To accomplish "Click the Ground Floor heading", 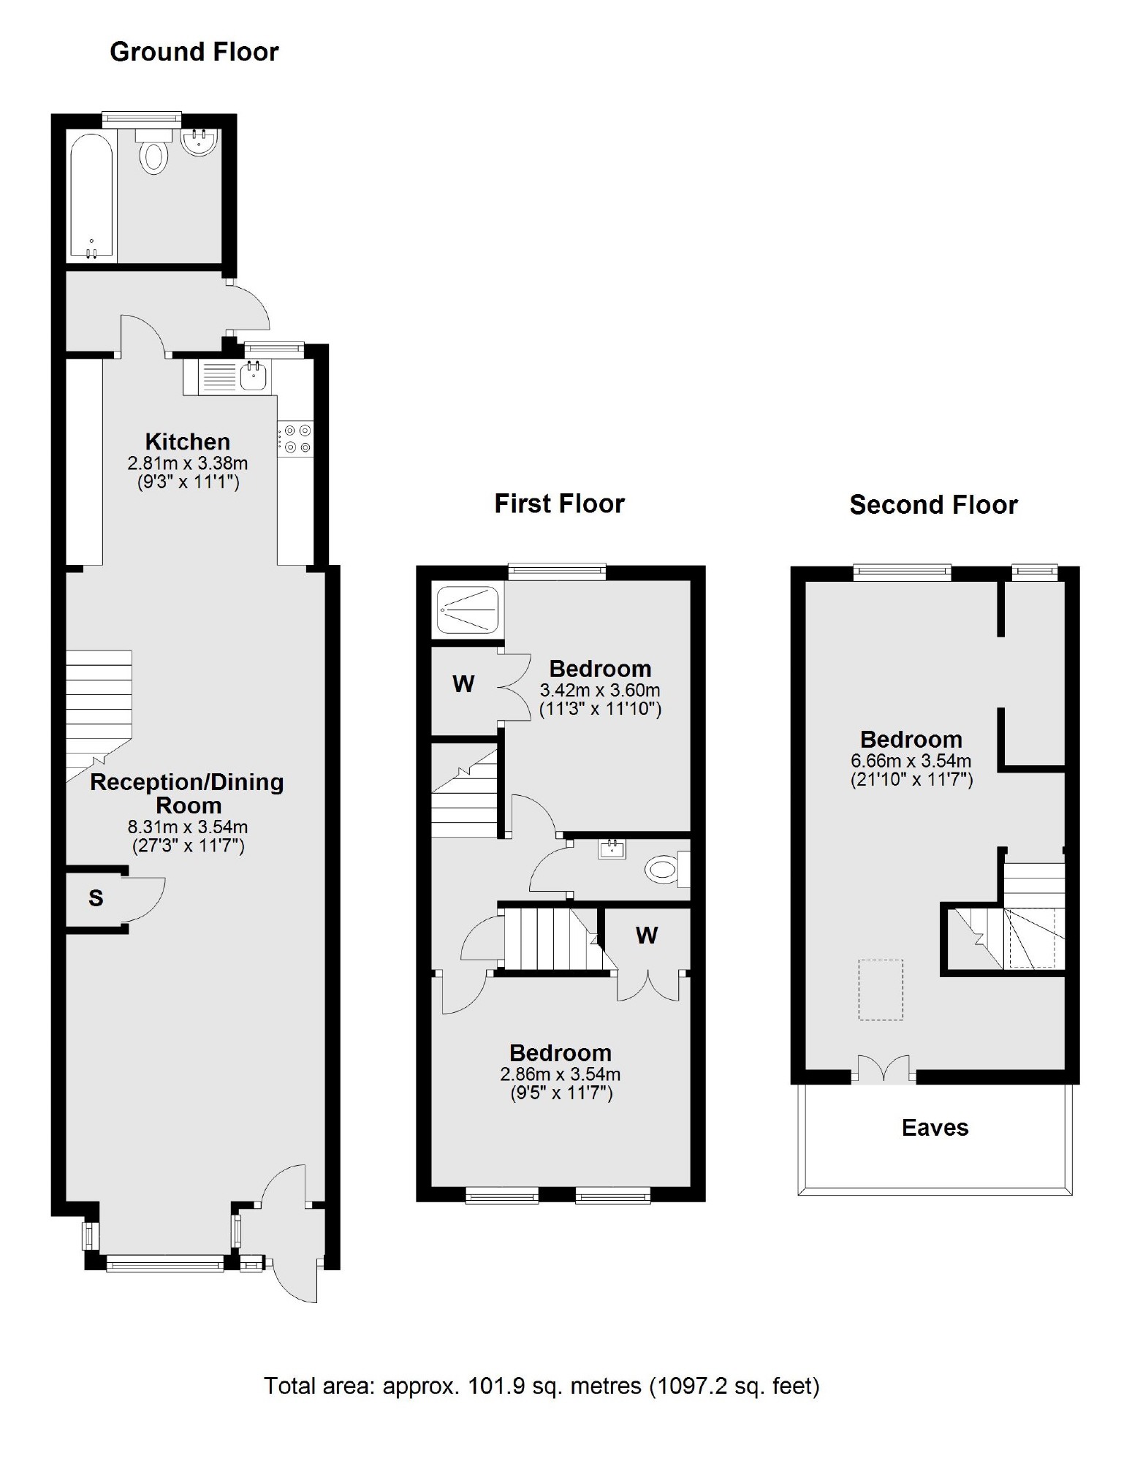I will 194,52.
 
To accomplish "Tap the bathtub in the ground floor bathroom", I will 91,196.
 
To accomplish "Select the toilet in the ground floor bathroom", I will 153,156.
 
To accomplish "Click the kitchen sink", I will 253,377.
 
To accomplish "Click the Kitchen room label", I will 188,441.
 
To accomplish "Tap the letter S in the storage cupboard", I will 96,898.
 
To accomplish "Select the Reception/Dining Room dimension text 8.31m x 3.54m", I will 188,827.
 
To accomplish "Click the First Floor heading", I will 559,504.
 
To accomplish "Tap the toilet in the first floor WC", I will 662,870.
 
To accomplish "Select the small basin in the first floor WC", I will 612,849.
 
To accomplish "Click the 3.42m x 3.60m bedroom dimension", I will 600,690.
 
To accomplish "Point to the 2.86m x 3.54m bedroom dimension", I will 561,1074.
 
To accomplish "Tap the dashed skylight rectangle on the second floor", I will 881,990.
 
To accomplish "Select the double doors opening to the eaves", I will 884,1068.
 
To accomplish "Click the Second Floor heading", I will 933,505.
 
